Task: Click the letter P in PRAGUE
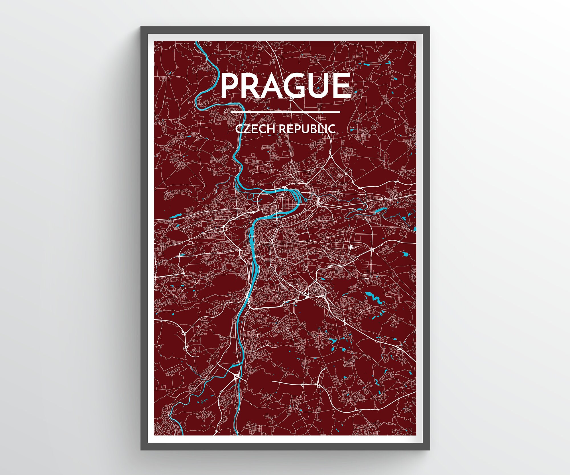[x=230, y=86]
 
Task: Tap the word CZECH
[x=255, y=129]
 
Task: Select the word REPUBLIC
[x=307, y=129]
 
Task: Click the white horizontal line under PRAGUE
[x=285, y=112]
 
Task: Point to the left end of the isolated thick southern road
[x=273, y=381]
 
